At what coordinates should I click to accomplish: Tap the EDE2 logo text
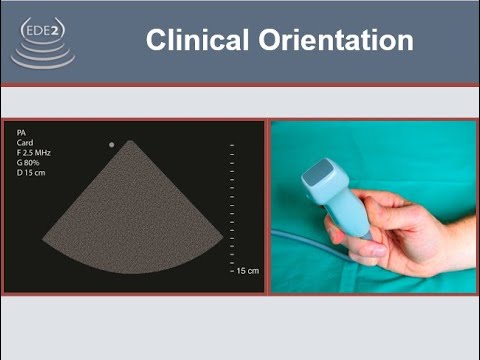click(x=42, y=30)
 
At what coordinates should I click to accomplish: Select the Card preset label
click(x=27, y=143)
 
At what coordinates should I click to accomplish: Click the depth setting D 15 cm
click(x=32, y=174)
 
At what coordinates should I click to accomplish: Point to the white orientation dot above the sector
click(x=111, y=145)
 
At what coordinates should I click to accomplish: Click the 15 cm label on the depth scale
click(x=246, y=271)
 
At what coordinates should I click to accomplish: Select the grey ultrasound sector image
click(x=132, y=220)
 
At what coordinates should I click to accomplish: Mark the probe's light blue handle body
click(x=349, y=211)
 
